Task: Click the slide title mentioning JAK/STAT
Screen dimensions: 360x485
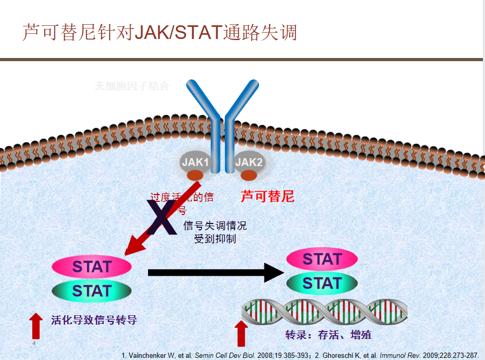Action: point(160,33)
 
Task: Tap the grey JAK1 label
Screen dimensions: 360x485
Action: point(195,162)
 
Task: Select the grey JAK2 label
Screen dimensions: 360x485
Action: point(249,162)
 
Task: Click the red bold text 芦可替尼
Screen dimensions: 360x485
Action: point(268,197)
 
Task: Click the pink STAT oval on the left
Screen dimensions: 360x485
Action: point(92,266)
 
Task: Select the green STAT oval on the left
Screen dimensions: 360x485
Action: point(92,290)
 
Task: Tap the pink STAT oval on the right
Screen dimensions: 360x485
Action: point(322,259)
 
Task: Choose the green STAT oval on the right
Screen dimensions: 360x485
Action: point(322,283)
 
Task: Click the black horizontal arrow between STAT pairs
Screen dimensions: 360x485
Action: point(216,273)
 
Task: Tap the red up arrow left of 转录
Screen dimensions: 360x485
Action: point(241,333)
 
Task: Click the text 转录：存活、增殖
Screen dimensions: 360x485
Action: point(329,335)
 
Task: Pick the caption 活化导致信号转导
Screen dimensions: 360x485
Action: point(94,319)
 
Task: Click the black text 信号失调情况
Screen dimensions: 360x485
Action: point(215,226)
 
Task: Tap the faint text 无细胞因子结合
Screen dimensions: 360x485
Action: point(132,86)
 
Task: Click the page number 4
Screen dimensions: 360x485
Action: point(34,343)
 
